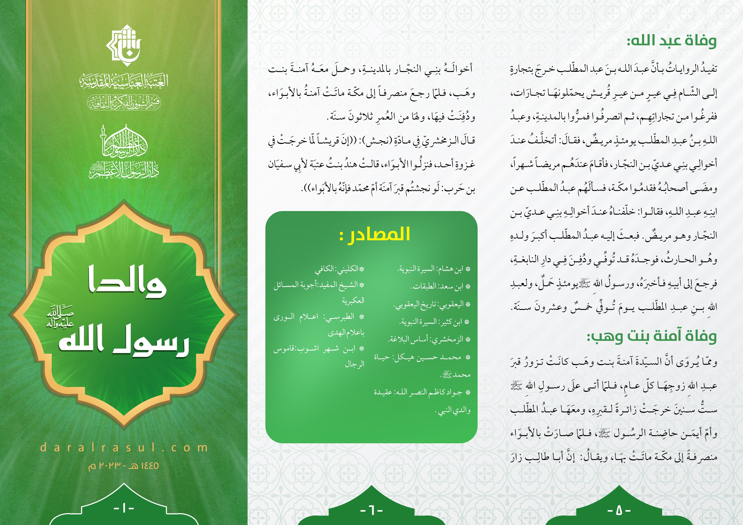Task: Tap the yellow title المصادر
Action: [x=375, y=234]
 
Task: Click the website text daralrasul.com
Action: [x=124, y=448]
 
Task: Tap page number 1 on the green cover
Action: [x=124, y=508]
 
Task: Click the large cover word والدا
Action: [x=127, y=283]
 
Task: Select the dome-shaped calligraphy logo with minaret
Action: [x=124, y=142]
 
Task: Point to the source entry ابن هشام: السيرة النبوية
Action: [x=434, y=269]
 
